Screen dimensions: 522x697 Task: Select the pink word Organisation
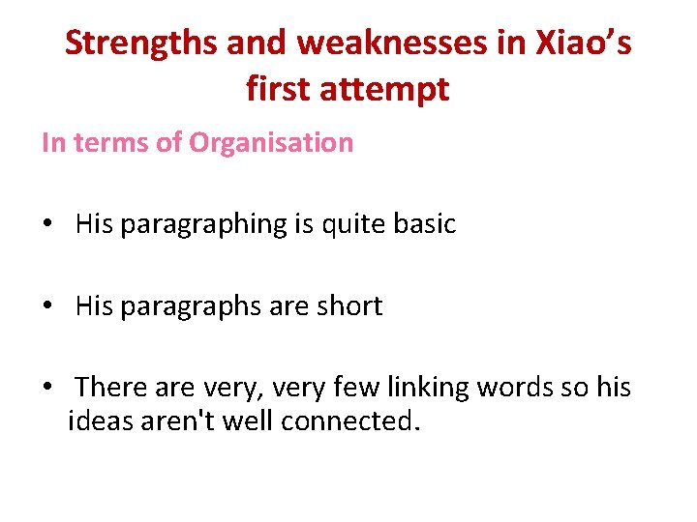point(271,143)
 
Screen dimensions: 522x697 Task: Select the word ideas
point(99,421)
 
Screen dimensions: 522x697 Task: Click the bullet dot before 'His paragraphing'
point(46,225)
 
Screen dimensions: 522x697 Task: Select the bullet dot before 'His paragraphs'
point(46,307)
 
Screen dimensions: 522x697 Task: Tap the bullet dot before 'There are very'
point(46,389)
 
